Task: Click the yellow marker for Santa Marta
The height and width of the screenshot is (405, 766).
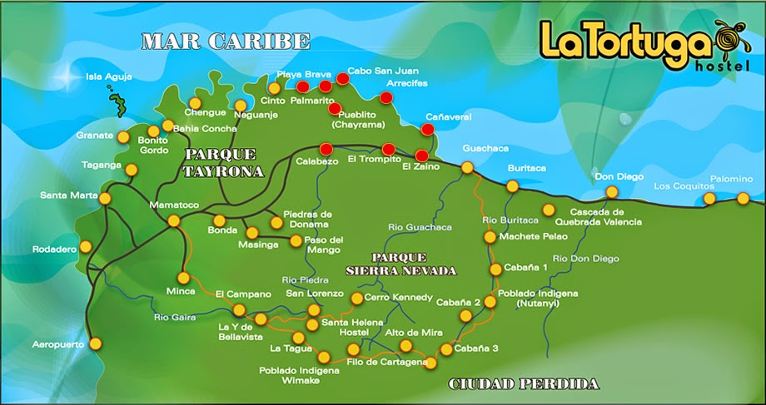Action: click(105, 198)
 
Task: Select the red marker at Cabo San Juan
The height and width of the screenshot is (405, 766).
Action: click(342, 80)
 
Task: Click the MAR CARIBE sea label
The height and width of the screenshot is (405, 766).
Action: click(225, 42)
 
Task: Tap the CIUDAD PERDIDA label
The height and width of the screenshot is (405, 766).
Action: click(523, 384)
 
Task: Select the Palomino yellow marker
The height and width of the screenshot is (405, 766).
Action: click(744, 198)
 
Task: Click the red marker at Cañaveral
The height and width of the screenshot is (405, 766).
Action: click(427, 129)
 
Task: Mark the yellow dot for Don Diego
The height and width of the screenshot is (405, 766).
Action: click(612, 192)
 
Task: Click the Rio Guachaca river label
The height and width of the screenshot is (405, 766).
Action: click(420, 227)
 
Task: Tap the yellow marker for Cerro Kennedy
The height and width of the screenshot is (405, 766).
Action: click(357, 298)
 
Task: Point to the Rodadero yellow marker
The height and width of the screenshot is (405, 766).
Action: click(86, 247)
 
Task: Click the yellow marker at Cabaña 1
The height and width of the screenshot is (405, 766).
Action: click(496, 269)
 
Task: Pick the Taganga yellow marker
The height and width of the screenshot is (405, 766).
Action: click(131, 170)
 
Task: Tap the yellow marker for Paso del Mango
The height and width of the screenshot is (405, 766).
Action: click(295, 241)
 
